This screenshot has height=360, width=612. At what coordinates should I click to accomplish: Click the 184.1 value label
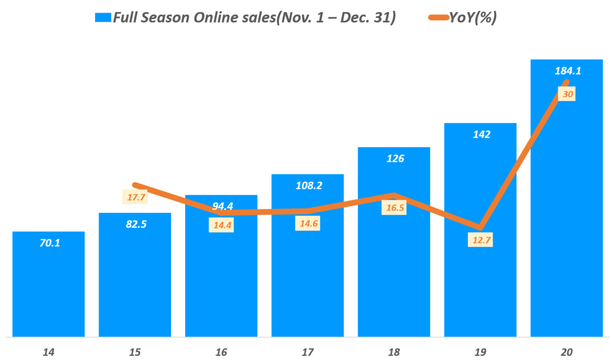tap(567, 71)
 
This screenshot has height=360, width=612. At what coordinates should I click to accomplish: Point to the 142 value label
tap(481, 135)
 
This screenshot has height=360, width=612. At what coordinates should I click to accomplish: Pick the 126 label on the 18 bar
tap(393, 158)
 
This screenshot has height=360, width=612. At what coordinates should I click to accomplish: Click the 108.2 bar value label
tap(307, 185)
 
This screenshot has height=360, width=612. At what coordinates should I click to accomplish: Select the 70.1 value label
tap(48, 243)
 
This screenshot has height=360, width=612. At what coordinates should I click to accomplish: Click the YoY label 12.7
tap(480, 241)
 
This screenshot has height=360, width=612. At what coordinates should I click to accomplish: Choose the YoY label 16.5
tap(394, 208)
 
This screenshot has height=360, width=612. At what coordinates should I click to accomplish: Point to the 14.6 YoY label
tap(307, 224)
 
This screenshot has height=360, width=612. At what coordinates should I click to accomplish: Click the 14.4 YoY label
tap(221, 225)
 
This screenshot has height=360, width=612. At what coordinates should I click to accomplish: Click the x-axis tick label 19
tap(481, 352)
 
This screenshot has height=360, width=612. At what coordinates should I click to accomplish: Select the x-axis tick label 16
tap(221, 352)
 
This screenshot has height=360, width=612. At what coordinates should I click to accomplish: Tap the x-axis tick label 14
tap(48, 352)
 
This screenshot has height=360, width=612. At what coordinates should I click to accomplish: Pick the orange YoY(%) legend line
tap(440, 18)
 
